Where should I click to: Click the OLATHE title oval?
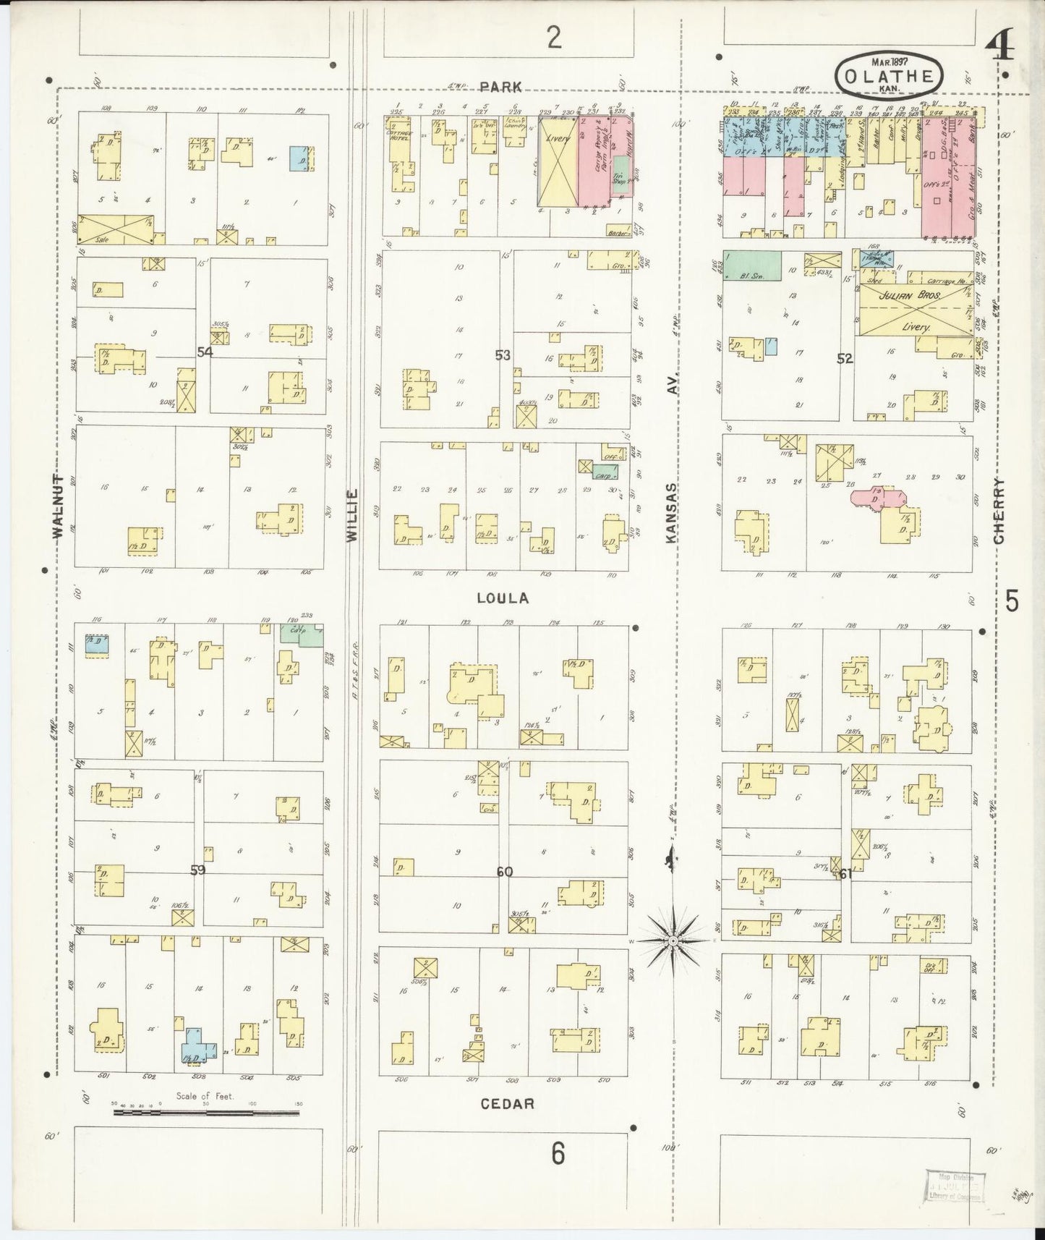(x=889, y=75)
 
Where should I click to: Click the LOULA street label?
(x=503, y=598)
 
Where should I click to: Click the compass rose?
(x=673, y=940)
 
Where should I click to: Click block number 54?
(x=205, y=352)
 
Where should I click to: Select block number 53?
(x=503, y=354)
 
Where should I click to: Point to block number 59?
(x=197, y=870)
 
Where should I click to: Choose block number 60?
(x=504, y=872)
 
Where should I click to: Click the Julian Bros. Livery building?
(x=914, y=309)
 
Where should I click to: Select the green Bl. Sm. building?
(x=751, y=266)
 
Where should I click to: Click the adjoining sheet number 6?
(x=558, y=1154)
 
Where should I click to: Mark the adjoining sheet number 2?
(x=554, y=38)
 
